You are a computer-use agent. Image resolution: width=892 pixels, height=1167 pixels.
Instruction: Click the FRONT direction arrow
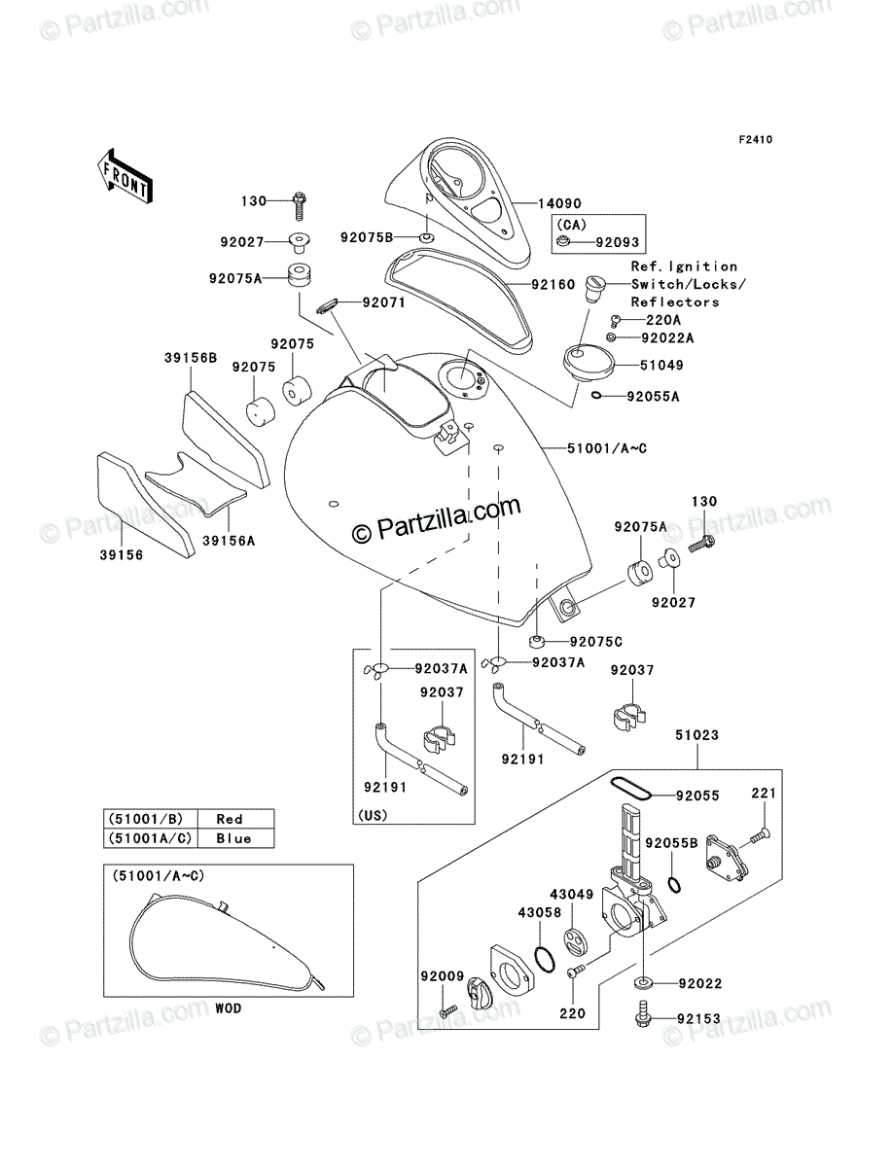(x=125, y=176)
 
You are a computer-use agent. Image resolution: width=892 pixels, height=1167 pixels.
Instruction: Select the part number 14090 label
(x=559, y=203)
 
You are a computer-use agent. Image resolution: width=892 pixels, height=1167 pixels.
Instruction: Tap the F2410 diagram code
(x=756, y=140)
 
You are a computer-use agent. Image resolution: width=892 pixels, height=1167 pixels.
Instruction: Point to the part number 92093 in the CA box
(x=617, y=242)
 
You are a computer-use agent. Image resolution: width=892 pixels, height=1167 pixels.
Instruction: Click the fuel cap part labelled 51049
(x=589, y=363)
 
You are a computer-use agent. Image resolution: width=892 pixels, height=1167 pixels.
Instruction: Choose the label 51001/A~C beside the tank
(x=607, y=448)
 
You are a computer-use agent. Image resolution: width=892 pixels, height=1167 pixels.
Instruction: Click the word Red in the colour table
(x=230, y=819)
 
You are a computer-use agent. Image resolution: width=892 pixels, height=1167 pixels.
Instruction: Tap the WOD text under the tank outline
(x=228, y=1008)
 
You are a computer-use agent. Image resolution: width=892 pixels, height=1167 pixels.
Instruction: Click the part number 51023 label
(x=696, y=735)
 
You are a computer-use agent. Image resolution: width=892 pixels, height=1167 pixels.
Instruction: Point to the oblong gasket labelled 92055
(x=630, y=788)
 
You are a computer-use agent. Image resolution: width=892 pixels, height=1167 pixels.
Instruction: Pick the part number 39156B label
(x=191, y=358)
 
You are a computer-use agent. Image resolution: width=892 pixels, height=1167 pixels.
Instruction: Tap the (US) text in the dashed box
(x=373, y=815)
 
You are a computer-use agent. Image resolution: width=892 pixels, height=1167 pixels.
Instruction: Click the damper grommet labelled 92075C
(x=536, y=641)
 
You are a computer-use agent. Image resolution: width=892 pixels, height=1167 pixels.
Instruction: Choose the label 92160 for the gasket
(x=553, y=284)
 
